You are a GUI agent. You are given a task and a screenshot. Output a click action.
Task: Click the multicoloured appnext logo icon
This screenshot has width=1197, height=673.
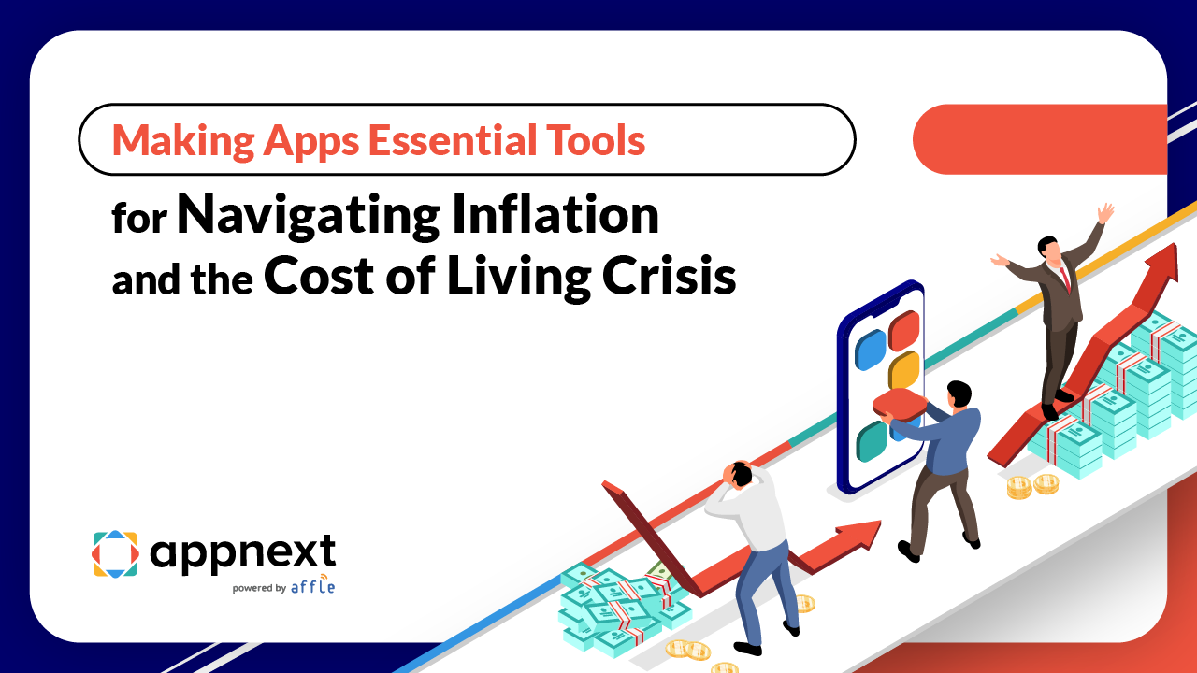115,554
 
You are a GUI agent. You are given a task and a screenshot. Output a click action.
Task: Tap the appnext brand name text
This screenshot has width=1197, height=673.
242,553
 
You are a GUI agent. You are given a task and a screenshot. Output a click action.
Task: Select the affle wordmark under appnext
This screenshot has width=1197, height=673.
312,587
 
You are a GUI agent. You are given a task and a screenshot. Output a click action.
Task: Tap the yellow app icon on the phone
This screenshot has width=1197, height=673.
904,372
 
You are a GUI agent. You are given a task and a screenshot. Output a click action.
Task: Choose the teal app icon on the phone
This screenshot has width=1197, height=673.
872,442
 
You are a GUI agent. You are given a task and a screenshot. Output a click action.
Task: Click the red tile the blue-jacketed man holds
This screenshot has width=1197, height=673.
900,404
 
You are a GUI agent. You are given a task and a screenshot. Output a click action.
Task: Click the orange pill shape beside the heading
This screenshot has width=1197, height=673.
1038,139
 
